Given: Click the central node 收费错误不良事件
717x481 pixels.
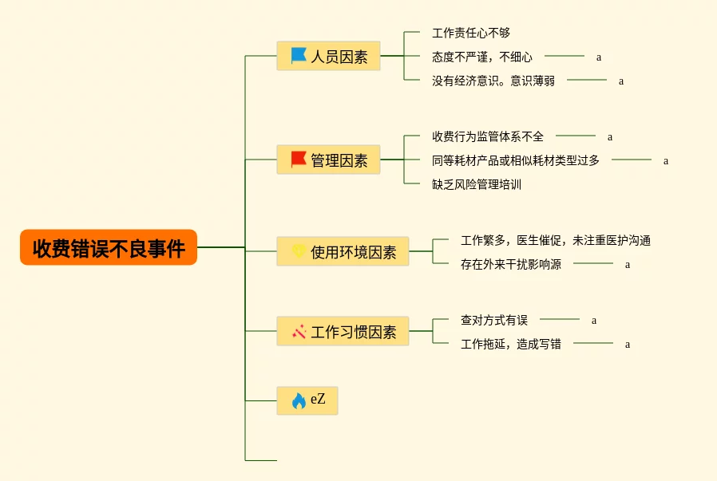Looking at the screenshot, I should point(109,248).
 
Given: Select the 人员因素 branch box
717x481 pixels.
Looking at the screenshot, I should point(329,57).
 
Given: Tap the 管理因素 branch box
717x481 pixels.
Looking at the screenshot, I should point(329,160).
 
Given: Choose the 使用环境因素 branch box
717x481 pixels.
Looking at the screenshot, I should point(343,252).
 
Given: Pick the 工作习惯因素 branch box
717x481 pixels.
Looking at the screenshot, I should point(343,332).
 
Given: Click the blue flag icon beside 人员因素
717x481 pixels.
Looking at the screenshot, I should point(299,56).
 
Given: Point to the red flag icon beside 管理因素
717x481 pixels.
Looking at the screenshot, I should point(299,160).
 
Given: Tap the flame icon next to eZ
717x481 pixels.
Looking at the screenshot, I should point(299,400).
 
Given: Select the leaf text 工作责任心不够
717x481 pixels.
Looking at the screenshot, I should point(471,33).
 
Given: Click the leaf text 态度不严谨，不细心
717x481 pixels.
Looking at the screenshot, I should point(482,57).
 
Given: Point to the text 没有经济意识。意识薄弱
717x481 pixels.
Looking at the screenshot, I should point(493,81).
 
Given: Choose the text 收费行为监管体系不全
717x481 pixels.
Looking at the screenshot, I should point(488,136).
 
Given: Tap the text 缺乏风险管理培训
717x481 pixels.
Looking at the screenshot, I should point(477,184).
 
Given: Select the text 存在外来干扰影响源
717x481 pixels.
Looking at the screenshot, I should point(511,264).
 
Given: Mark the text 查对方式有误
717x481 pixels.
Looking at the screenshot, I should point(494,320).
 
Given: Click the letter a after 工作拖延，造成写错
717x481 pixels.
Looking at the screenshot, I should point(628,345).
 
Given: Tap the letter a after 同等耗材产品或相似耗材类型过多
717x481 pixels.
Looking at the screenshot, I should point(666,161).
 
